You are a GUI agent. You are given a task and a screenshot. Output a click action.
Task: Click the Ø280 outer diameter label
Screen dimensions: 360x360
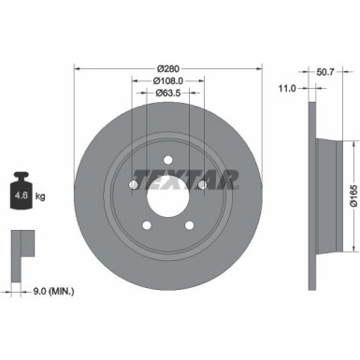click(169, 67)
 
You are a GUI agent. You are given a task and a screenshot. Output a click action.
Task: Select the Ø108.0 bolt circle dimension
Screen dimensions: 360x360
click(168, 80)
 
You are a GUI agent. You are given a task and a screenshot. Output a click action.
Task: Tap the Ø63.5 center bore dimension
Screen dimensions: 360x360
click(168, 94)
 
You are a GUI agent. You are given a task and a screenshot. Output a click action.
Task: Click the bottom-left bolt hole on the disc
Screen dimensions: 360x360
click(147, 224)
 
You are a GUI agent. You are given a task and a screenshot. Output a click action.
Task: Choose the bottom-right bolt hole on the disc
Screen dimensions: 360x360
click(191, 224)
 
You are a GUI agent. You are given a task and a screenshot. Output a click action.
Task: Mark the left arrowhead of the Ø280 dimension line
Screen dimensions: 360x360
click(77, 67)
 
